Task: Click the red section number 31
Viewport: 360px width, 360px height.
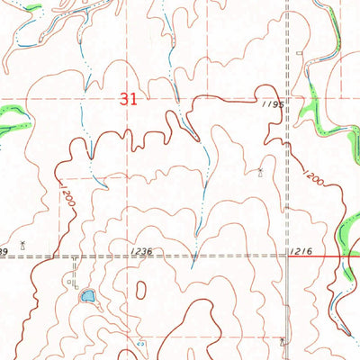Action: pos(128,100)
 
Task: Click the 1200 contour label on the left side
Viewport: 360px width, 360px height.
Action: pos(67,197)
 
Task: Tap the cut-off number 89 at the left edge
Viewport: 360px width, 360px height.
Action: pos(4,249)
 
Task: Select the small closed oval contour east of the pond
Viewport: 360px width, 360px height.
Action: pos(141,290)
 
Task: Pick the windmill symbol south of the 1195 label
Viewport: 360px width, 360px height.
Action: pos(262,171)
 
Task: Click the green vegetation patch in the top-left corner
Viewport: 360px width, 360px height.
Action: pos(34,10)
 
